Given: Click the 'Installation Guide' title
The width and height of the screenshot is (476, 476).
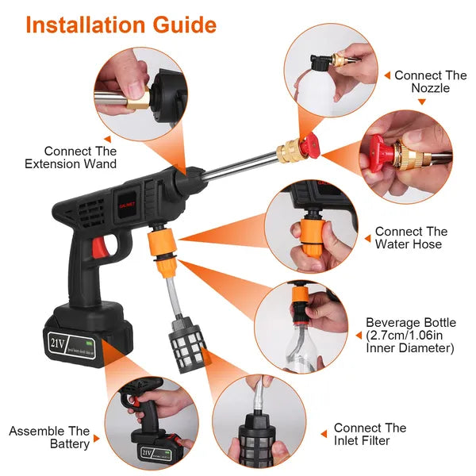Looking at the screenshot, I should (121, 24).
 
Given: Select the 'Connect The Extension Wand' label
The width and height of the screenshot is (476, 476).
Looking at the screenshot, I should (80, 157).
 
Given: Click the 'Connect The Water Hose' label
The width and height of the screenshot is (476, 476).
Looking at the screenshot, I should (411, 237).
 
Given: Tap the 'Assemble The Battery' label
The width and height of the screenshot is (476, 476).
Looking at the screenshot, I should (49, 437).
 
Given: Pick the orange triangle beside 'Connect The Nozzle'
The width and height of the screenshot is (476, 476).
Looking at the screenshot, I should (386, 76).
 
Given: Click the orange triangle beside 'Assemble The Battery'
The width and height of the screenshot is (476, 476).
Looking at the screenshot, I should (97, 438).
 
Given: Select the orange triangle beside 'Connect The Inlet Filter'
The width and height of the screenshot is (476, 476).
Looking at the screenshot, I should (324, 434).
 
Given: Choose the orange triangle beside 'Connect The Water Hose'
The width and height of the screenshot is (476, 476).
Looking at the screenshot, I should (366, 237).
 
